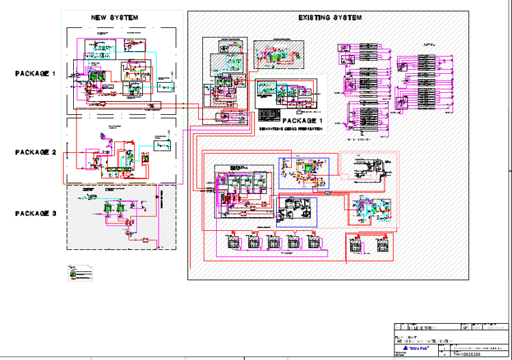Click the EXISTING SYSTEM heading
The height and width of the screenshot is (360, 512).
pyautogui.click(x=330, y=17)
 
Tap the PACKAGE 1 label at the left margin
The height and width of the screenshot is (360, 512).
pyautogui.click(x=35, y=73)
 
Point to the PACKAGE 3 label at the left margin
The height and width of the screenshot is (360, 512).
pyautogui.click(x=35, y=213)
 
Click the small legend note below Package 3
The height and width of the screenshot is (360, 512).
pyautogui.click(x=80, y=273)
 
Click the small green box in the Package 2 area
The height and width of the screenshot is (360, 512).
pyautogui.click(x=144, y=158)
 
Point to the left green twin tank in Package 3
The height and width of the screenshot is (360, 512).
pyautogui.click(x=107, y=208)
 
